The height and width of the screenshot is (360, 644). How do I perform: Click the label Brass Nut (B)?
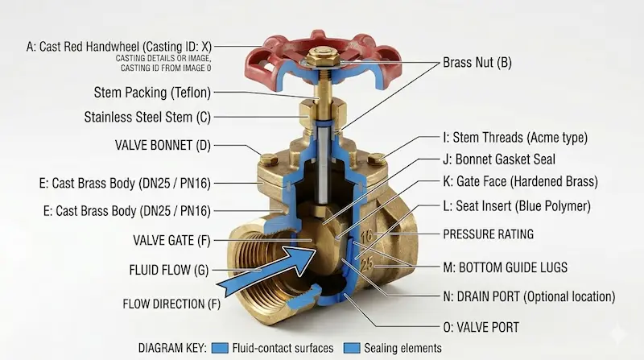pyautogui.click(x=477, y=63)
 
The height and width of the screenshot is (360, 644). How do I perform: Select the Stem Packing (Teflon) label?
pyautogui.click(x=152, y=93)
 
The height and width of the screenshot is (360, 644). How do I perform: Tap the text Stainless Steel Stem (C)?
pyautogui.click(x=147, y=117)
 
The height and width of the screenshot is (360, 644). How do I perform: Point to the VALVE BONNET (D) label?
pyautogui.click(x=163, y=145)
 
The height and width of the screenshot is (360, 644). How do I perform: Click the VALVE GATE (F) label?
pyautogui.click(x=171, y=240)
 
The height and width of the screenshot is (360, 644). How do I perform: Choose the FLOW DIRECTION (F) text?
pyautogui.click(x=171, y=304)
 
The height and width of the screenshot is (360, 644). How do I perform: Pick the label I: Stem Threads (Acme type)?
pyautogui.click(x=515, y=137)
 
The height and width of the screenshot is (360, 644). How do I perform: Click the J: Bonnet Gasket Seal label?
pyautogui.click(x=499, y=159)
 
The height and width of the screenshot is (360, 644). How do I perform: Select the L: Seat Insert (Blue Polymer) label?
pyautogui.click(x=517, y=206)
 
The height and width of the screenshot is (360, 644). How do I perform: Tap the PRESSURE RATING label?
pyautogui.click(x=489, y=234)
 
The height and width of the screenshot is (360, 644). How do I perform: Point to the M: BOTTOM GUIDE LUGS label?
pyautogui.click(x=506, y=267)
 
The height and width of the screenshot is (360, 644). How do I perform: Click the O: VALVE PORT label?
pyautogui.click(x=481, y=328)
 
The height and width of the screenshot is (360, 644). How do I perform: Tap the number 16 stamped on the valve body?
pyautogui.click(x=367, y=235)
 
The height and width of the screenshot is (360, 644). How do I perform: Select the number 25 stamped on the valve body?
pyautogui.click(x=367, y=263)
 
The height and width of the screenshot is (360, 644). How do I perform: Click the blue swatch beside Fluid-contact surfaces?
pyautogui.click(x=220, y=349)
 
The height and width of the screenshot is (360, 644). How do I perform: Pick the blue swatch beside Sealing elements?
pyautogui.click(x=352, y=349)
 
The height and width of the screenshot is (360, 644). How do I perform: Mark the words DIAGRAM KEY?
pyautogui.click(x=172, y=349)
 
